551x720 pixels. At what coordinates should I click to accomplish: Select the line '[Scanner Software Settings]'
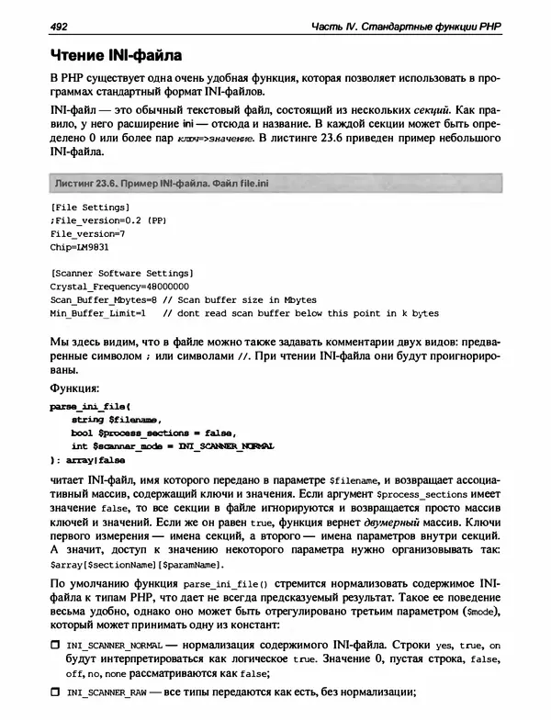(x=121, y=274)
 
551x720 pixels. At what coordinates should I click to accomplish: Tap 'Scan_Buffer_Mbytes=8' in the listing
(x=105, y=299)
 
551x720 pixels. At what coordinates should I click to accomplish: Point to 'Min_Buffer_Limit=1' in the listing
(x=98, y=313)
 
